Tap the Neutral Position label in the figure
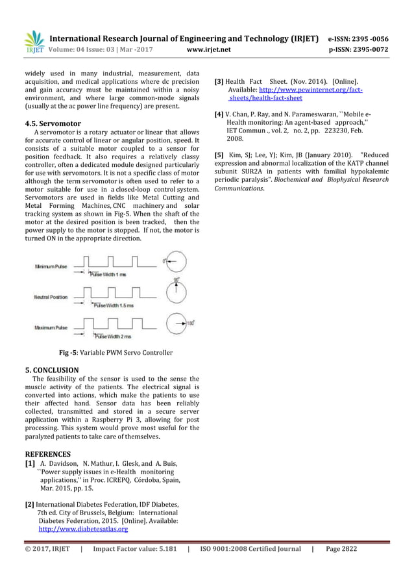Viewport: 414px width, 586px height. pyautogui.click(x=50, y=297)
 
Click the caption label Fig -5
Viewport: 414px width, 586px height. pyautogui.click(x=68, y=353)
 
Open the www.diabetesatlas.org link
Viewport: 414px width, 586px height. pyautogui.click(x=83, y=529)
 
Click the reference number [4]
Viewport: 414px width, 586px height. pyautogui.click(x=219, y=114)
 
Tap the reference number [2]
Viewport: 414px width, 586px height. pyautogui.click(x=29, y=504)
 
